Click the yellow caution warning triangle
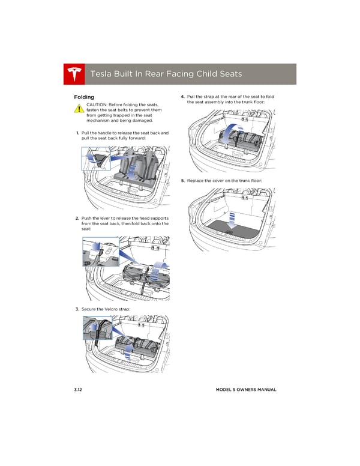pos(79,109)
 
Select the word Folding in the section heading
pos(83,97)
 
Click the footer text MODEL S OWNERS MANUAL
pos(246,390)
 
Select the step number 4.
pos(182,97)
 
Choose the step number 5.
pos(182,180)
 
